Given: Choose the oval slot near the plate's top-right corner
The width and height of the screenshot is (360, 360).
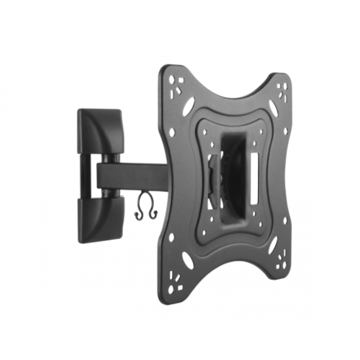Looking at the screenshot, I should click(x=273, y=108).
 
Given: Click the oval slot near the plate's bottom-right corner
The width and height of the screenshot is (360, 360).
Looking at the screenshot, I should click(x=273, y=244).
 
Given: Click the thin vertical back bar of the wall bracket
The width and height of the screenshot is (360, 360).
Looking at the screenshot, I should click(x=85, y=176).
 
